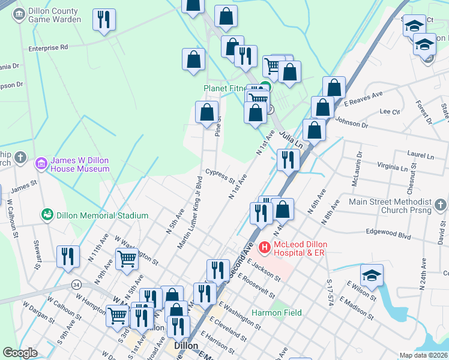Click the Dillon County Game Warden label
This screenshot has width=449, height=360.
coord(53,15)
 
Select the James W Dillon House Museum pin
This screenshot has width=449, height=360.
coord(41,163)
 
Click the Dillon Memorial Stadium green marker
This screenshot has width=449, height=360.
coord(47,214)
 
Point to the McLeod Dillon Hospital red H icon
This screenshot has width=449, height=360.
coord(264,247)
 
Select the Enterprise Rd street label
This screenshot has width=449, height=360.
coord(48,46)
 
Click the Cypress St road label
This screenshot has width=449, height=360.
coord(220,175)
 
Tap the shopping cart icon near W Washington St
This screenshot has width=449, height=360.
coord(127,259)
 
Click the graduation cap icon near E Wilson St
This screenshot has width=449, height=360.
coord(372,275)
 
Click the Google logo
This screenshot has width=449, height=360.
coord(20,353)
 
